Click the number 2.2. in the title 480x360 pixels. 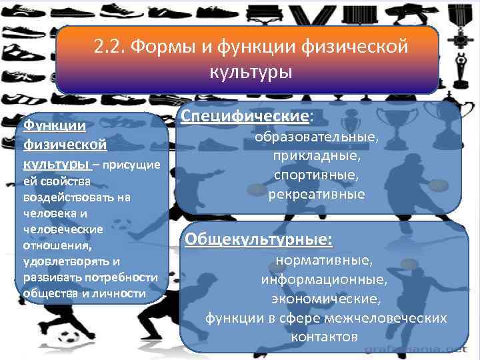pyautogui.click(x=107, y=47)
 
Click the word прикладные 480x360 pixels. pyautogui.click(x=316, y=157)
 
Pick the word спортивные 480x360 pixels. pyautogui.click(x=316, y=175)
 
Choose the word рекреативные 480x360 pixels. pyautogui.click(x=316, y=194)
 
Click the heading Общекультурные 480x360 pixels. pyautogui.click(x=259, y=239)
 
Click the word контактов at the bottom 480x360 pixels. pyautogui.click(x=325, y=337)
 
